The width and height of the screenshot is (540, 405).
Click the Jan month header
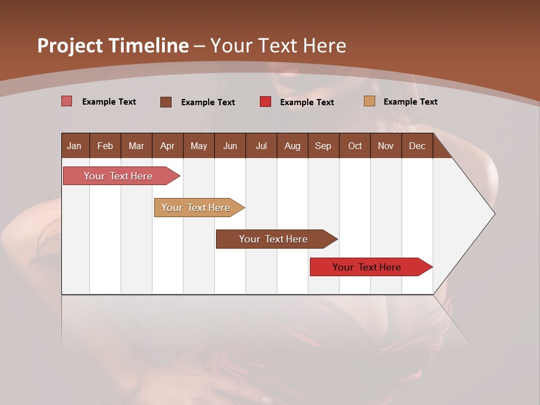click(x=74, y=146)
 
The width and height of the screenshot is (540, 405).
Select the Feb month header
click(x=105, y=146)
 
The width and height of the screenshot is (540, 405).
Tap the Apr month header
click(x=167, y=146)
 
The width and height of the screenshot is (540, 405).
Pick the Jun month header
click(x=230, y=146)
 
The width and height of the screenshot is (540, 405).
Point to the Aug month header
click(x=292, y=146)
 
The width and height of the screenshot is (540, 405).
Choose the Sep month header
click(x=323, y=146)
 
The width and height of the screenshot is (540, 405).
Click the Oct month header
click(x=355, y=146)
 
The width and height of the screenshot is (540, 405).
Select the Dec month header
click(x=417, y=146)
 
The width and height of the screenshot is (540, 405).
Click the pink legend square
click(x=67, y=101)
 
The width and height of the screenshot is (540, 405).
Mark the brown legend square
click(x=166, y=102)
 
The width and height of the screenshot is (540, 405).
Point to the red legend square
click(x=265, y=102)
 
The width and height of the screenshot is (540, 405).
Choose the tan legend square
click(x=369, y=101)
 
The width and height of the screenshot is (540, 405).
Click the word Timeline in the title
click(x=147, y=46)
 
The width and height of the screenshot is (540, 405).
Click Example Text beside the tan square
click(x=410, y=102)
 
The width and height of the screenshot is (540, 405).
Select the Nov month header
click(x=385, y=146)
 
